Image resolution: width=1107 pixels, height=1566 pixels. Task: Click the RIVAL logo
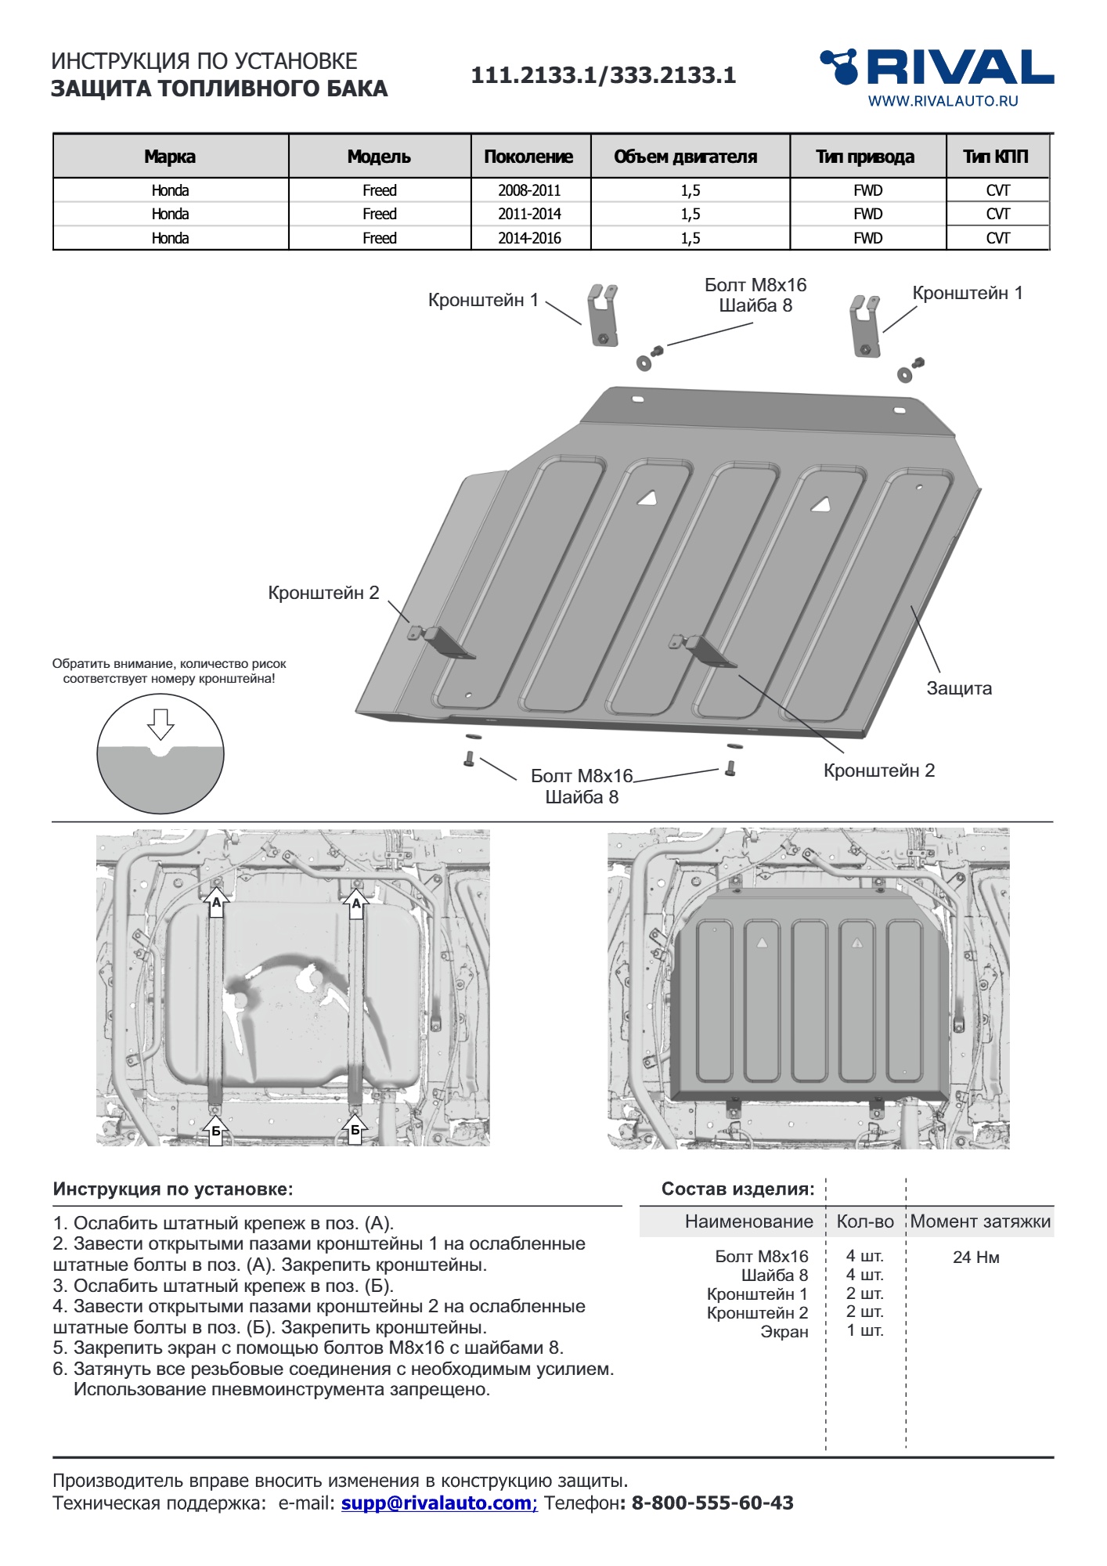click(x=936, y=67)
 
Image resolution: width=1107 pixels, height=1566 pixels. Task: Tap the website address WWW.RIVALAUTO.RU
click(x=943, y=101)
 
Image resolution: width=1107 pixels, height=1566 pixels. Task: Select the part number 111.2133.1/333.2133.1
click(x=603, y=75)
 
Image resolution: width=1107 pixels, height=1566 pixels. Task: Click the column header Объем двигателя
click(x=685, y=157)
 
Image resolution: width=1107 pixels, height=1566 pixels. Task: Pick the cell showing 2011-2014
click(x=529, y=214)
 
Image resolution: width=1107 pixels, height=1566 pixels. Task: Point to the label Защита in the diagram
click(x=959, y=688)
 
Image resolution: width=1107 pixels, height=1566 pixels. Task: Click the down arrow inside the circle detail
click(x=160, y=723)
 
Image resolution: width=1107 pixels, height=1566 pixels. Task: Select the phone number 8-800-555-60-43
click(x=712, y=1503)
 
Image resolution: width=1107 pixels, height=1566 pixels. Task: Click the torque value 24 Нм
click(x=975, y=1257)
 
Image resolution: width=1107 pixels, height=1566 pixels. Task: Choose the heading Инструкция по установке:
click(x=173, y=1189)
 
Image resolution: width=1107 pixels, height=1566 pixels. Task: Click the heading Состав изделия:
click(x=737, y=1189)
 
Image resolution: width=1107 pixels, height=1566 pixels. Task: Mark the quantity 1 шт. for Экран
click(x=864, y=1331)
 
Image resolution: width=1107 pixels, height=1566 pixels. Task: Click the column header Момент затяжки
click(x=980, y=1221)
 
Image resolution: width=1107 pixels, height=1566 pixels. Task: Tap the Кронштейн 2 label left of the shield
click(x=323, y=593)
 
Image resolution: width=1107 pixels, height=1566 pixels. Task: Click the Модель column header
click(x=379, y=157)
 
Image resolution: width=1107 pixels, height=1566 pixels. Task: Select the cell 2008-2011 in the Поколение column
click(x=529, y=190)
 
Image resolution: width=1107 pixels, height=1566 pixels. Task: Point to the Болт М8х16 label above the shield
click(x=755, y=285)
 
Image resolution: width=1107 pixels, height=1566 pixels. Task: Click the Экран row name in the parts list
click(x=784, y=1332)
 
